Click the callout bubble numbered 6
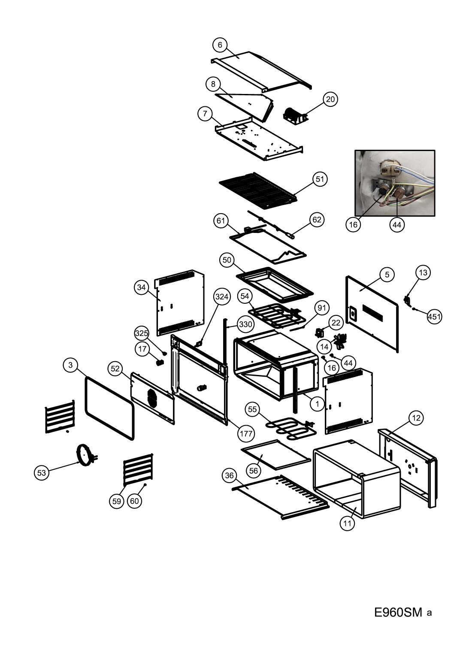220,45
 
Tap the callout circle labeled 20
330,99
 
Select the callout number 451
434,317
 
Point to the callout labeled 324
221,296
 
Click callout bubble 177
246,433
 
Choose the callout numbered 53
41,473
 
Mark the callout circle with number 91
322,308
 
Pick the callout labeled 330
245,324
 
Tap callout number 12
416,417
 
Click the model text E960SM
398,612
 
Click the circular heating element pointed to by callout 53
85,455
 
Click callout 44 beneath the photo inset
397,224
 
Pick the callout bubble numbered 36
230,475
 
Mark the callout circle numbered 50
227,260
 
